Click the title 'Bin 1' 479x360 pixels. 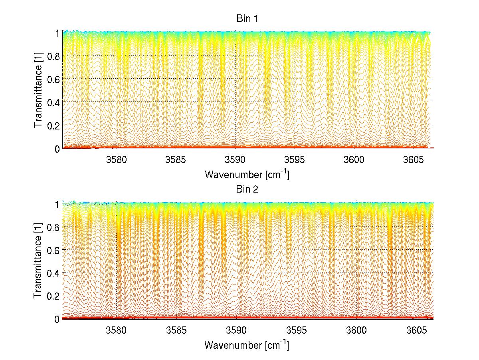(x=247, y=19)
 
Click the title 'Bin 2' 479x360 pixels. (x=247, y=189)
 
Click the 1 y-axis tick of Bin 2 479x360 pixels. (x=57, y=204)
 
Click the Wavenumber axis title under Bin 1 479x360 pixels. (x=247, y=175)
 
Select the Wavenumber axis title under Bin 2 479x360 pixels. (x=247, y=345)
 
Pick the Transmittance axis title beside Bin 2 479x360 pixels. (x=38, y=261)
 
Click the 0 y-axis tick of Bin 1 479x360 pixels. (x=57, y=148)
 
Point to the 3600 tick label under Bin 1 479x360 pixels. (x=354, y=160)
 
